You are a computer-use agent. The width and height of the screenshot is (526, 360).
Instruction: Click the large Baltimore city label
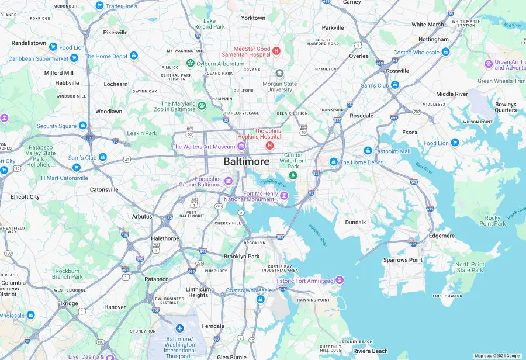246,161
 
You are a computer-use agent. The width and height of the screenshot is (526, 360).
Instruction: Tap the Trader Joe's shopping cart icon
99,6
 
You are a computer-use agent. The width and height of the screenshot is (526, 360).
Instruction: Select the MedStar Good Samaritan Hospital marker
277,51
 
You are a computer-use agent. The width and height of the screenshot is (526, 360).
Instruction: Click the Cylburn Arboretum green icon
190,63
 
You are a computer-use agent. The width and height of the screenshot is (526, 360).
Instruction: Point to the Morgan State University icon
280,73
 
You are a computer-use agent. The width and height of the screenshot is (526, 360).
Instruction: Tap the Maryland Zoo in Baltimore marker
202,106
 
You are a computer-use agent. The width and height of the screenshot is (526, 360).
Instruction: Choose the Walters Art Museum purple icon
241,146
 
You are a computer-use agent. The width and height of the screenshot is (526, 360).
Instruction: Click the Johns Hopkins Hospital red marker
269,145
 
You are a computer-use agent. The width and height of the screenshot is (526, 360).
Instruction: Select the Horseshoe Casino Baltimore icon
229,180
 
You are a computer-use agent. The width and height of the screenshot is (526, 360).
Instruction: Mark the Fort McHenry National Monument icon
284,202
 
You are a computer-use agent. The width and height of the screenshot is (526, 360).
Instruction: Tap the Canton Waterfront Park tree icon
293,175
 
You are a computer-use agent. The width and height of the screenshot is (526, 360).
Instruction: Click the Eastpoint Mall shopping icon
368,151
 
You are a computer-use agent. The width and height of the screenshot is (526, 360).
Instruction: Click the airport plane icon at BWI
179,328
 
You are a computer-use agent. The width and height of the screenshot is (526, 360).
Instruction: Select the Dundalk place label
355,222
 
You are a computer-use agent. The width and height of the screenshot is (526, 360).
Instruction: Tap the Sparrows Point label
403,259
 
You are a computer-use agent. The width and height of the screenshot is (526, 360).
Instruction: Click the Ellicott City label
25,196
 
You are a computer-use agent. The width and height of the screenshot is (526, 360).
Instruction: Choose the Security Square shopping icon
82,126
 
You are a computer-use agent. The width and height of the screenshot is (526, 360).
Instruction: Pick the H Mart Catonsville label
64,178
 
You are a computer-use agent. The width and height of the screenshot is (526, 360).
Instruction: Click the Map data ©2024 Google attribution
497,355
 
